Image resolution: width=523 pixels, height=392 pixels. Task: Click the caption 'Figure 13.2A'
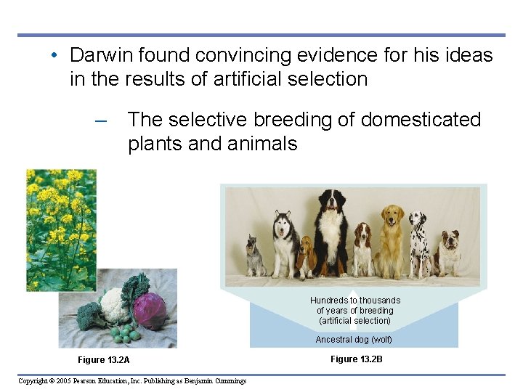pos(103,361)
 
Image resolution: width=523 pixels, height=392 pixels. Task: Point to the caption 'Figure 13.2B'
pos(356,359)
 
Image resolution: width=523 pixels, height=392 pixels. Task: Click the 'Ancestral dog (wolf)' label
pos(354,340)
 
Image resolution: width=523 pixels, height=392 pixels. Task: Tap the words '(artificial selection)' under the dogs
pos(354,321)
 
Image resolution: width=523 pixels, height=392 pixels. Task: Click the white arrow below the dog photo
pos(354,304)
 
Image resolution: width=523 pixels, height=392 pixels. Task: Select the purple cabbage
pos(150,308)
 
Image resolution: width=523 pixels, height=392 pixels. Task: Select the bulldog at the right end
pos(449,252)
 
